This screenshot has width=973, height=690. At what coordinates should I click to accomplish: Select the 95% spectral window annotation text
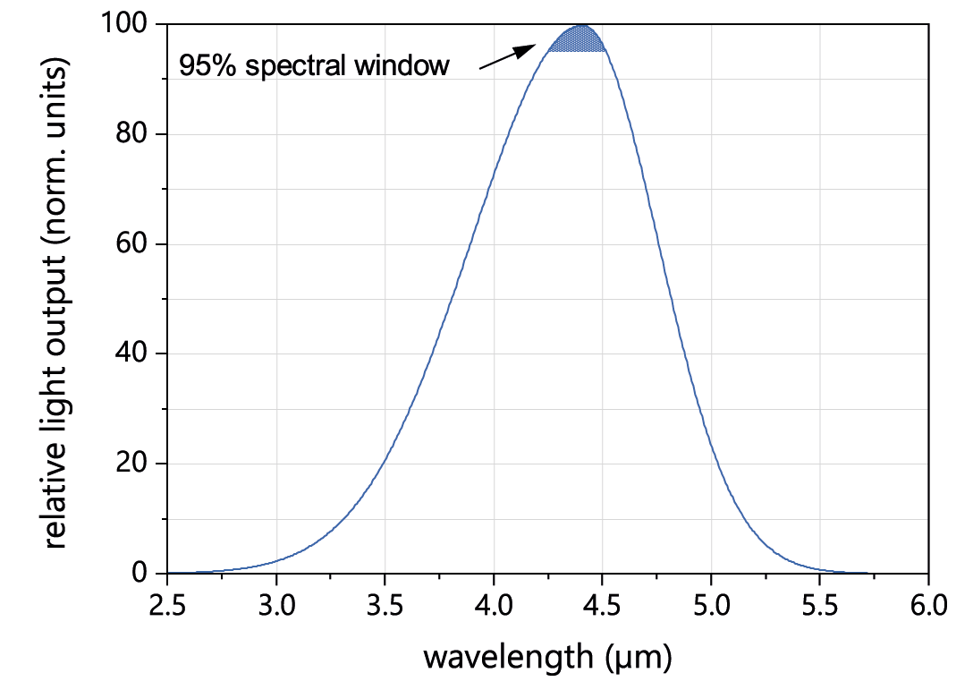314,66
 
